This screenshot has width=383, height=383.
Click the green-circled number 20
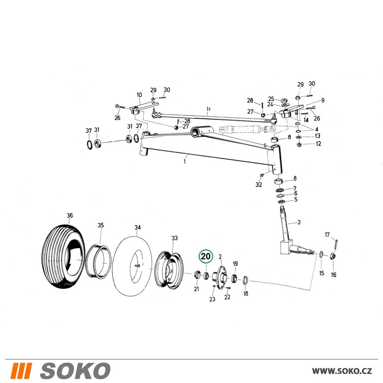[x=206, y=257]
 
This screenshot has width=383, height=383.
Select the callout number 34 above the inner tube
[x=137, y=228]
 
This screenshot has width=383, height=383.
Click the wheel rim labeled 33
[x=169, y=271]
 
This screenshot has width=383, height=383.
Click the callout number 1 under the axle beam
[x=185, y=162]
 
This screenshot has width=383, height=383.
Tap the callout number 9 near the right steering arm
[x=322, y=100]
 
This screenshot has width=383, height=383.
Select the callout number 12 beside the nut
[x=319, y=143]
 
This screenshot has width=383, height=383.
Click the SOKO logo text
[x=75, y=370]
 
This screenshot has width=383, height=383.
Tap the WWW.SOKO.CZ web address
[x=342, y=371]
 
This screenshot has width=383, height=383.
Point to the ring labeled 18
[x=246, y=280]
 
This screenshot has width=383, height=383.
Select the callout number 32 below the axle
[x=259, y=185]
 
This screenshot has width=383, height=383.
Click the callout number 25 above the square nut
[x=271, y=99]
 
